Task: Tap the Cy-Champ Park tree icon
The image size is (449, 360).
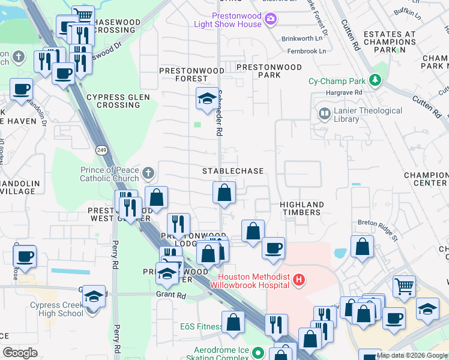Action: pos(375,80)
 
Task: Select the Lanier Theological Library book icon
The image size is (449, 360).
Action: pos(325,113)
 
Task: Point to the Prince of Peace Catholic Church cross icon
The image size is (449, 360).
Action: pos(148,174)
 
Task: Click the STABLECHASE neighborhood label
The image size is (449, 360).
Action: pos(233,171)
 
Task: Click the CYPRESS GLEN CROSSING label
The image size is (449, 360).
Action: pos(113,101)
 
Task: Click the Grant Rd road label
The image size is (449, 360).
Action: pos(172,295)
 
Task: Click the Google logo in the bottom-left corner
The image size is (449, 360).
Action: pos(20,353)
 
